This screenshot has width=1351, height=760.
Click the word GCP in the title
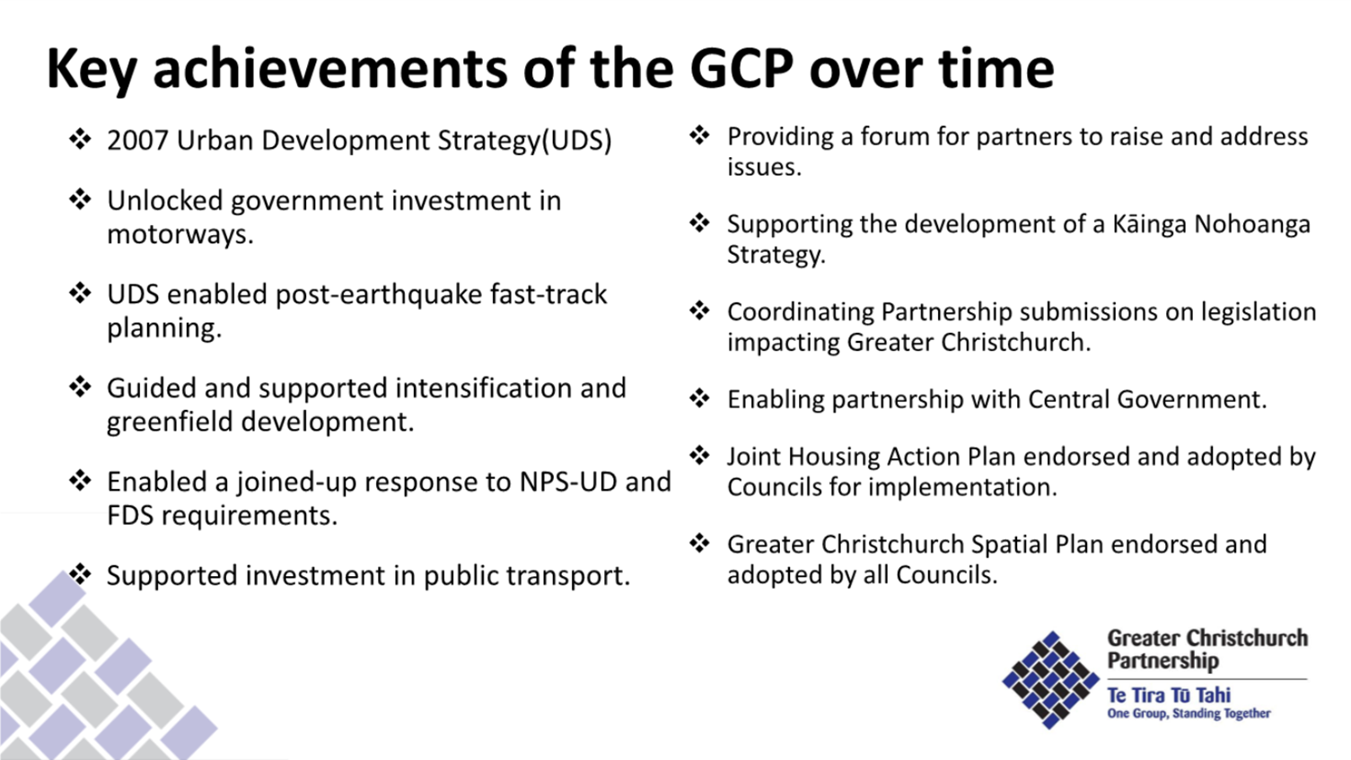click(x=741, y=68)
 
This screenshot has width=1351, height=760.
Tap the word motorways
click(x=180, y=235)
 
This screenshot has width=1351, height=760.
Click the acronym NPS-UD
click(x=567, y=482)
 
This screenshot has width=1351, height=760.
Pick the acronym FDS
click(x=130, y=516)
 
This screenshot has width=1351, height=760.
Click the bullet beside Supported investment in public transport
click(x=81, y=574)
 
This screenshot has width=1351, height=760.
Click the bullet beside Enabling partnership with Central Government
click(x=700, y=398)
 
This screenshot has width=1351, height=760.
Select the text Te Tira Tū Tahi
click(x=1169, y=695)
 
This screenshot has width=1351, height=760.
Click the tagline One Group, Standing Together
click(x=1189, y=714)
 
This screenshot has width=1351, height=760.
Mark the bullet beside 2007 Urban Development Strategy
click(x=81, y=139)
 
